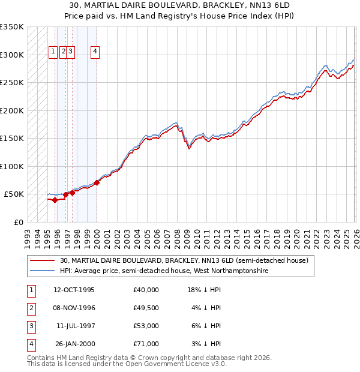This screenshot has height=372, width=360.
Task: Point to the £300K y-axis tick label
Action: click(x=11, y=55)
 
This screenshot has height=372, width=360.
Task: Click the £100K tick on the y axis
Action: click(x=11, y=166)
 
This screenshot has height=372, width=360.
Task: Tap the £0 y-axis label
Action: click(x=18, y=222)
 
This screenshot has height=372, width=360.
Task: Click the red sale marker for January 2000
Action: click(x=97, y=182)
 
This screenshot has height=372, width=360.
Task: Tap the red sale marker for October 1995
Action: click(x=55, y=200)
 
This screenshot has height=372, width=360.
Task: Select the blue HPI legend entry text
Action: click(x=164, y=271)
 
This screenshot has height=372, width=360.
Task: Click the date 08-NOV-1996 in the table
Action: click(x=74, y=308)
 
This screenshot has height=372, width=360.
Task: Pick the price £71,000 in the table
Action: click(x=146, y=344)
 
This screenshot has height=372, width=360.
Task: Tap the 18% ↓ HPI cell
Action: click(x=204, y=290)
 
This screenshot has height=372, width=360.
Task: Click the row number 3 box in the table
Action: click(x=31, y=326)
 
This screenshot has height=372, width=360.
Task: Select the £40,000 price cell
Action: click(x=146, y=290)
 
